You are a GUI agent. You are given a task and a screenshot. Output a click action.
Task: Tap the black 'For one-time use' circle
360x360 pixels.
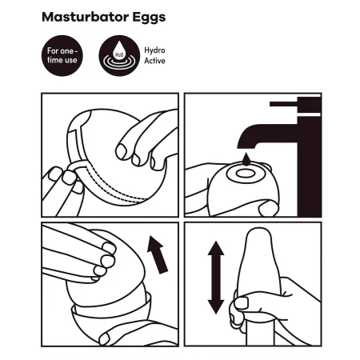[x=62, y=55]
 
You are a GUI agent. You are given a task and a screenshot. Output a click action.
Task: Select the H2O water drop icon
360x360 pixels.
[x=119, y=50]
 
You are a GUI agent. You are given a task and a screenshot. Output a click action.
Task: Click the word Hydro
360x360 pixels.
[x=154, y=50]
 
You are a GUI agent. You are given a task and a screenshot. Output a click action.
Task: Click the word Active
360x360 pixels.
[x=154, y=61]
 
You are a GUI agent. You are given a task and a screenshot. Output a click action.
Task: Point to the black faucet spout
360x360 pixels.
[x=266, y=134]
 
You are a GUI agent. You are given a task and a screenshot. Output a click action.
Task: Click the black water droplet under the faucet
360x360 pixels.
[x=246, y=159]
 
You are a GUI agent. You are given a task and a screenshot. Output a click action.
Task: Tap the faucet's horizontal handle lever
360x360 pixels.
[x=283, y=104]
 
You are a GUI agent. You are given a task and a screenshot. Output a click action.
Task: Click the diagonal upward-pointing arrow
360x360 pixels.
[x=158, y=254]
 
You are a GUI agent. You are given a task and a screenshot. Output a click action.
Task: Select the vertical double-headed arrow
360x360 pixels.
[x=216, y=278]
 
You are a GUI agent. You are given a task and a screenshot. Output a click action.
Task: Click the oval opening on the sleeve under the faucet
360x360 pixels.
[x=246, y=174]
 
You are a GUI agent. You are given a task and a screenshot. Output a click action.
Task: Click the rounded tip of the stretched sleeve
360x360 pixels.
[x=258, y=233]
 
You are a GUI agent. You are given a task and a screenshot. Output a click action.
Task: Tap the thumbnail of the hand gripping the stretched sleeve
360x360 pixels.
[x=242, y=303]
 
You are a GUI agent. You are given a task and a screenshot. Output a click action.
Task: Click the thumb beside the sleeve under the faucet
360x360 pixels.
[x=269, y=208]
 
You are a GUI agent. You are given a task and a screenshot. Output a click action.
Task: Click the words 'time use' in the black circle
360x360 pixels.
[x=62, y=60]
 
